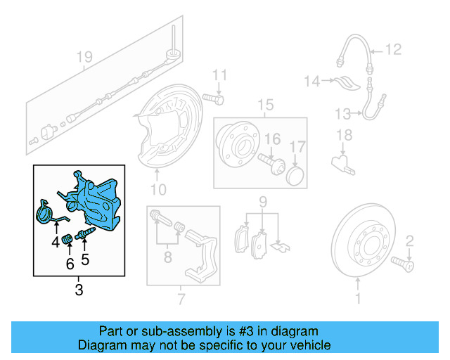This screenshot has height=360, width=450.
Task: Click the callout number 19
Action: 84,56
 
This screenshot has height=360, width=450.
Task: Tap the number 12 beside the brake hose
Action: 393,49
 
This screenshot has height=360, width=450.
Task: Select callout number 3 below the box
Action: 78,289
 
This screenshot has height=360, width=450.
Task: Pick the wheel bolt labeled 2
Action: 403,264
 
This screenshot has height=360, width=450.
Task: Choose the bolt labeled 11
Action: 212,98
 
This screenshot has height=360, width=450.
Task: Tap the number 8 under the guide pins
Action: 167,258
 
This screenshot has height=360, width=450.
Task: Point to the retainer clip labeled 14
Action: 345,82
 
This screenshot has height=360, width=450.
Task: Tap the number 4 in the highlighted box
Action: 55,243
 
